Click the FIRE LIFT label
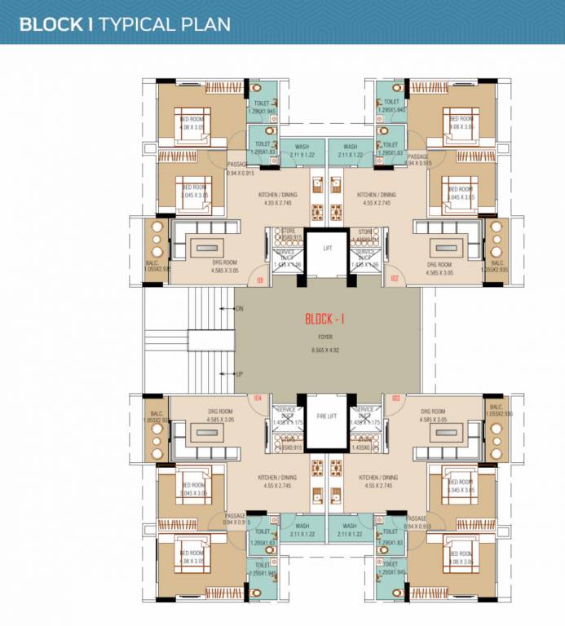click(327, 416)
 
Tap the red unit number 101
click(259, 281)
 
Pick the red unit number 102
click(395, 281)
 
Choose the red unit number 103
click(395, 398)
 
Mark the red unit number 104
click(258, 398)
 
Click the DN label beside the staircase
click(239, 309)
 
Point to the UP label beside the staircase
click(239, 375)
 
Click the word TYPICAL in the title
click(133, 23)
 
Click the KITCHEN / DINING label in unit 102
click(376, 195)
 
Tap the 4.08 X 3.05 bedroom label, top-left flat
click(192, 127)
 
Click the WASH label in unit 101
click(302, 148)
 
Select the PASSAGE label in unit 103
click(417, 518)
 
